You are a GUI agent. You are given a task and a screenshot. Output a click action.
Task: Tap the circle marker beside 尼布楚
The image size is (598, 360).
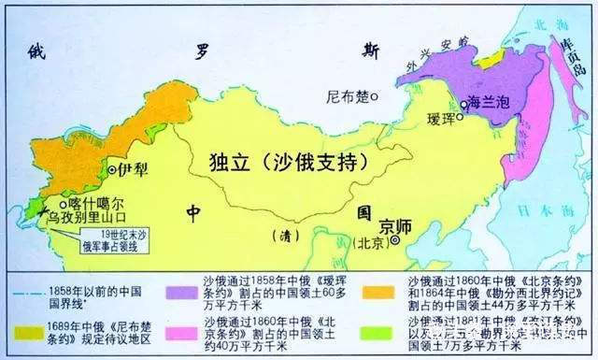point(375,95)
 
